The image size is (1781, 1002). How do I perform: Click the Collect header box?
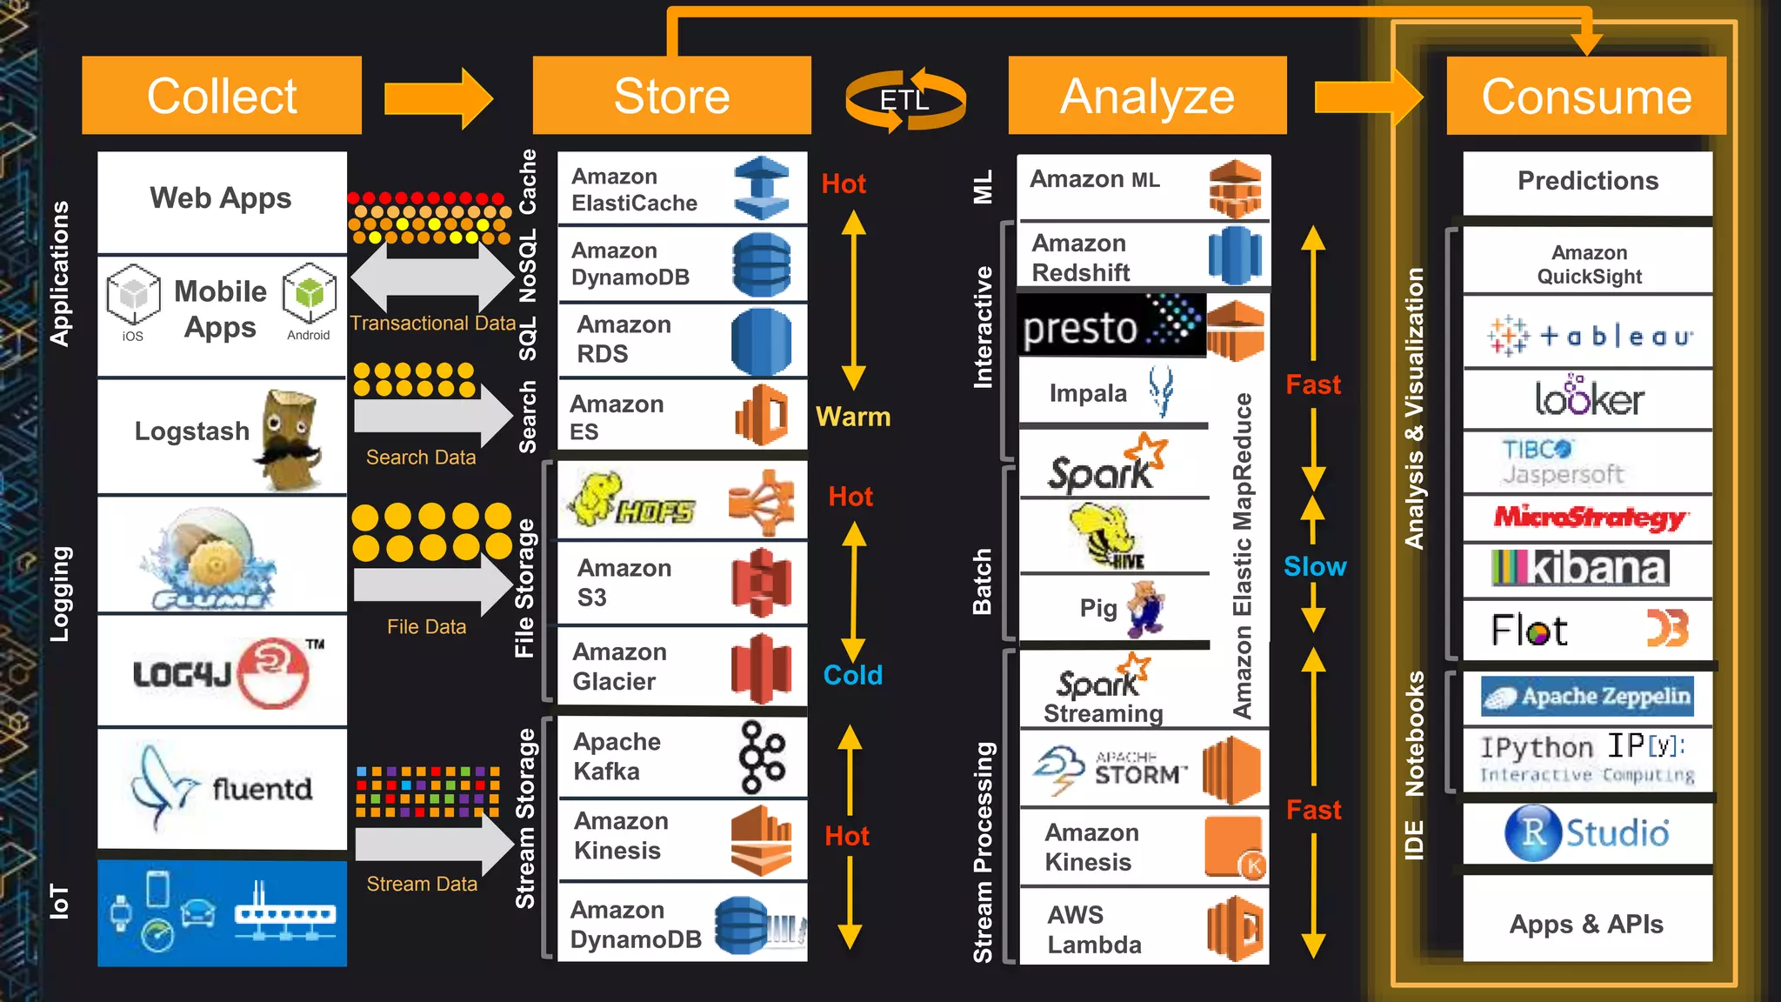(x=222, y=96)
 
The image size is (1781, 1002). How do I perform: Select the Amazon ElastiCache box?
(x=682, y=189)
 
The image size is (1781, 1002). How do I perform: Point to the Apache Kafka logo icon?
(x=761, y=757)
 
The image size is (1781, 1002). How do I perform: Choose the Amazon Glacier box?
(x=682, y=667)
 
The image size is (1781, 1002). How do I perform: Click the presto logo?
(x=1111, y=325)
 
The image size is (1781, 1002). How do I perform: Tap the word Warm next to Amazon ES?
(x=853, y=417)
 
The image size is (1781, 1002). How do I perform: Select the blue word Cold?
(x=852, y=675)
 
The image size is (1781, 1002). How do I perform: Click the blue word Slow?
(x=1314, y=566)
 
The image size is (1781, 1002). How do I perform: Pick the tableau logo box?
(x=1588, y=335)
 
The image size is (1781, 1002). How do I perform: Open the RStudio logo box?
(x=1588, y=832)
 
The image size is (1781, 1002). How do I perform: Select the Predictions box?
(x=1588, y=182)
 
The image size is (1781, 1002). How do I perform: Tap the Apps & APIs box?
(x=1588, y=923)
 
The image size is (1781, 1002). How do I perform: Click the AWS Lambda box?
(x=1143, y=928)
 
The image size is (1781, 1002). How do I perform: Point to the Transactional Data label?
(x=433, y=324)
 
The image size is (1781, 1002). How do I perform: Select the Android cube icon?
(x=309, y=293)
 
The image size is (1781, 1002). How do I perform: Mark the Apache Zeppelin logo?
(x=1588, y=697)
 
